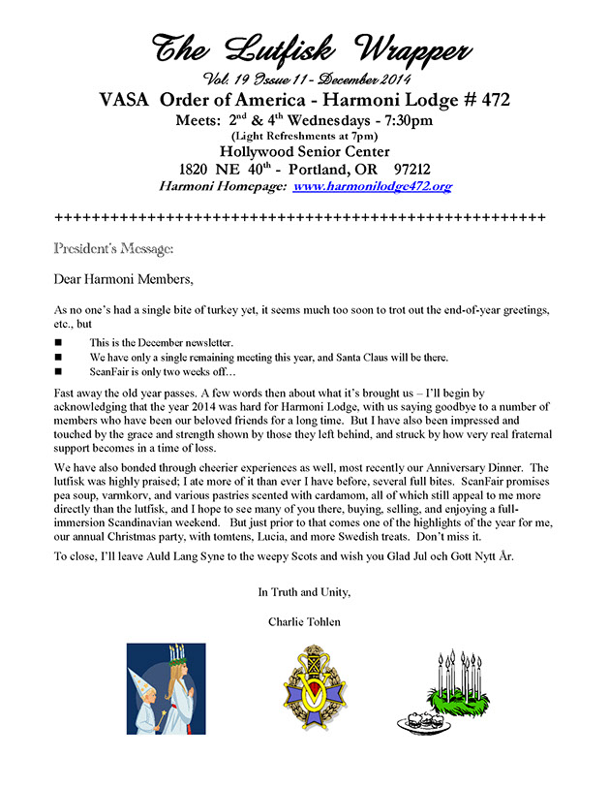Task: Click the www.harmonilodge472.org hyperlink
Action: point(373,185)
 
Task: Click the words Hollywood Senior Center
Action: point(303,151)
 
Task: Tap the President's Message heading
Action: point(114,248)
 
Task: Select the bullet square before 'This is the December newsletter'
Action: point(59,343)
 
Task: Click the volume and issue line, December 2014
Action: point(303,79)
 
